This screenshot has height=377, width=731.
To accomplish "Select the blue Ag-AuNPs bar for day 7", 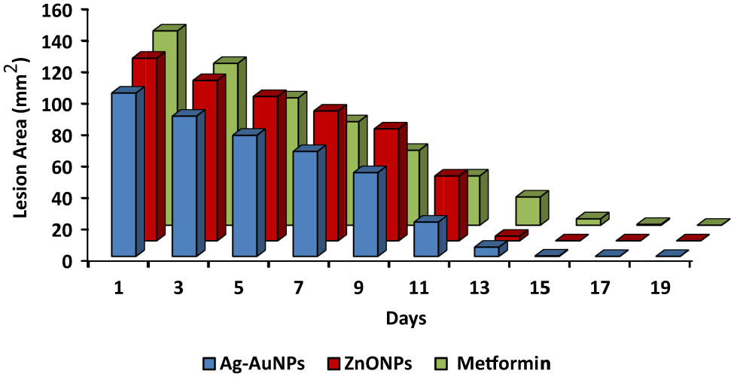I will pyautogui.click(x=304, y=204).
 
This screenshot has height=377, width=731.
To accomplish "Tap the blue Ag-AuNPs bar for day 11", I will pyautogui.click(x=425, y=239).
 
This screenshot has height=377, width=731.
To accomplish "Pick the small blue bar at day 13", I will pyautogui.click(x=486, y=251).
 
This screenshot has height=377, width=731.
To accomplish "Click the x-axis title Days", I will pyautogui.click(x=407, y=318).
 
